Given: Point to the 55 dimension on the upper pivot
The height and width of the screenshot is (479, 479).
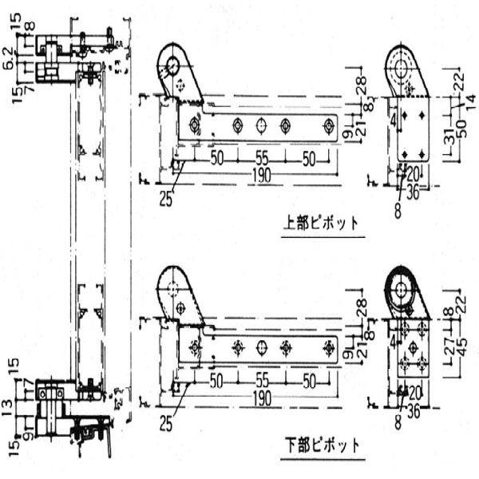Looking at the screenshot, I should click(x=261, y=158).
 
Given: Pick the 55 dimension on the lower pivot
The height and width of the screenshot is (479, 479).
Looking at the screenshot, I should click(x=261, y=381).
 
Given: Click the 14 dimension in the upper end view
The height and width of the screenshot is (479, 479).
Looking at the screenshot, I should click(x=470, y=98).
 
